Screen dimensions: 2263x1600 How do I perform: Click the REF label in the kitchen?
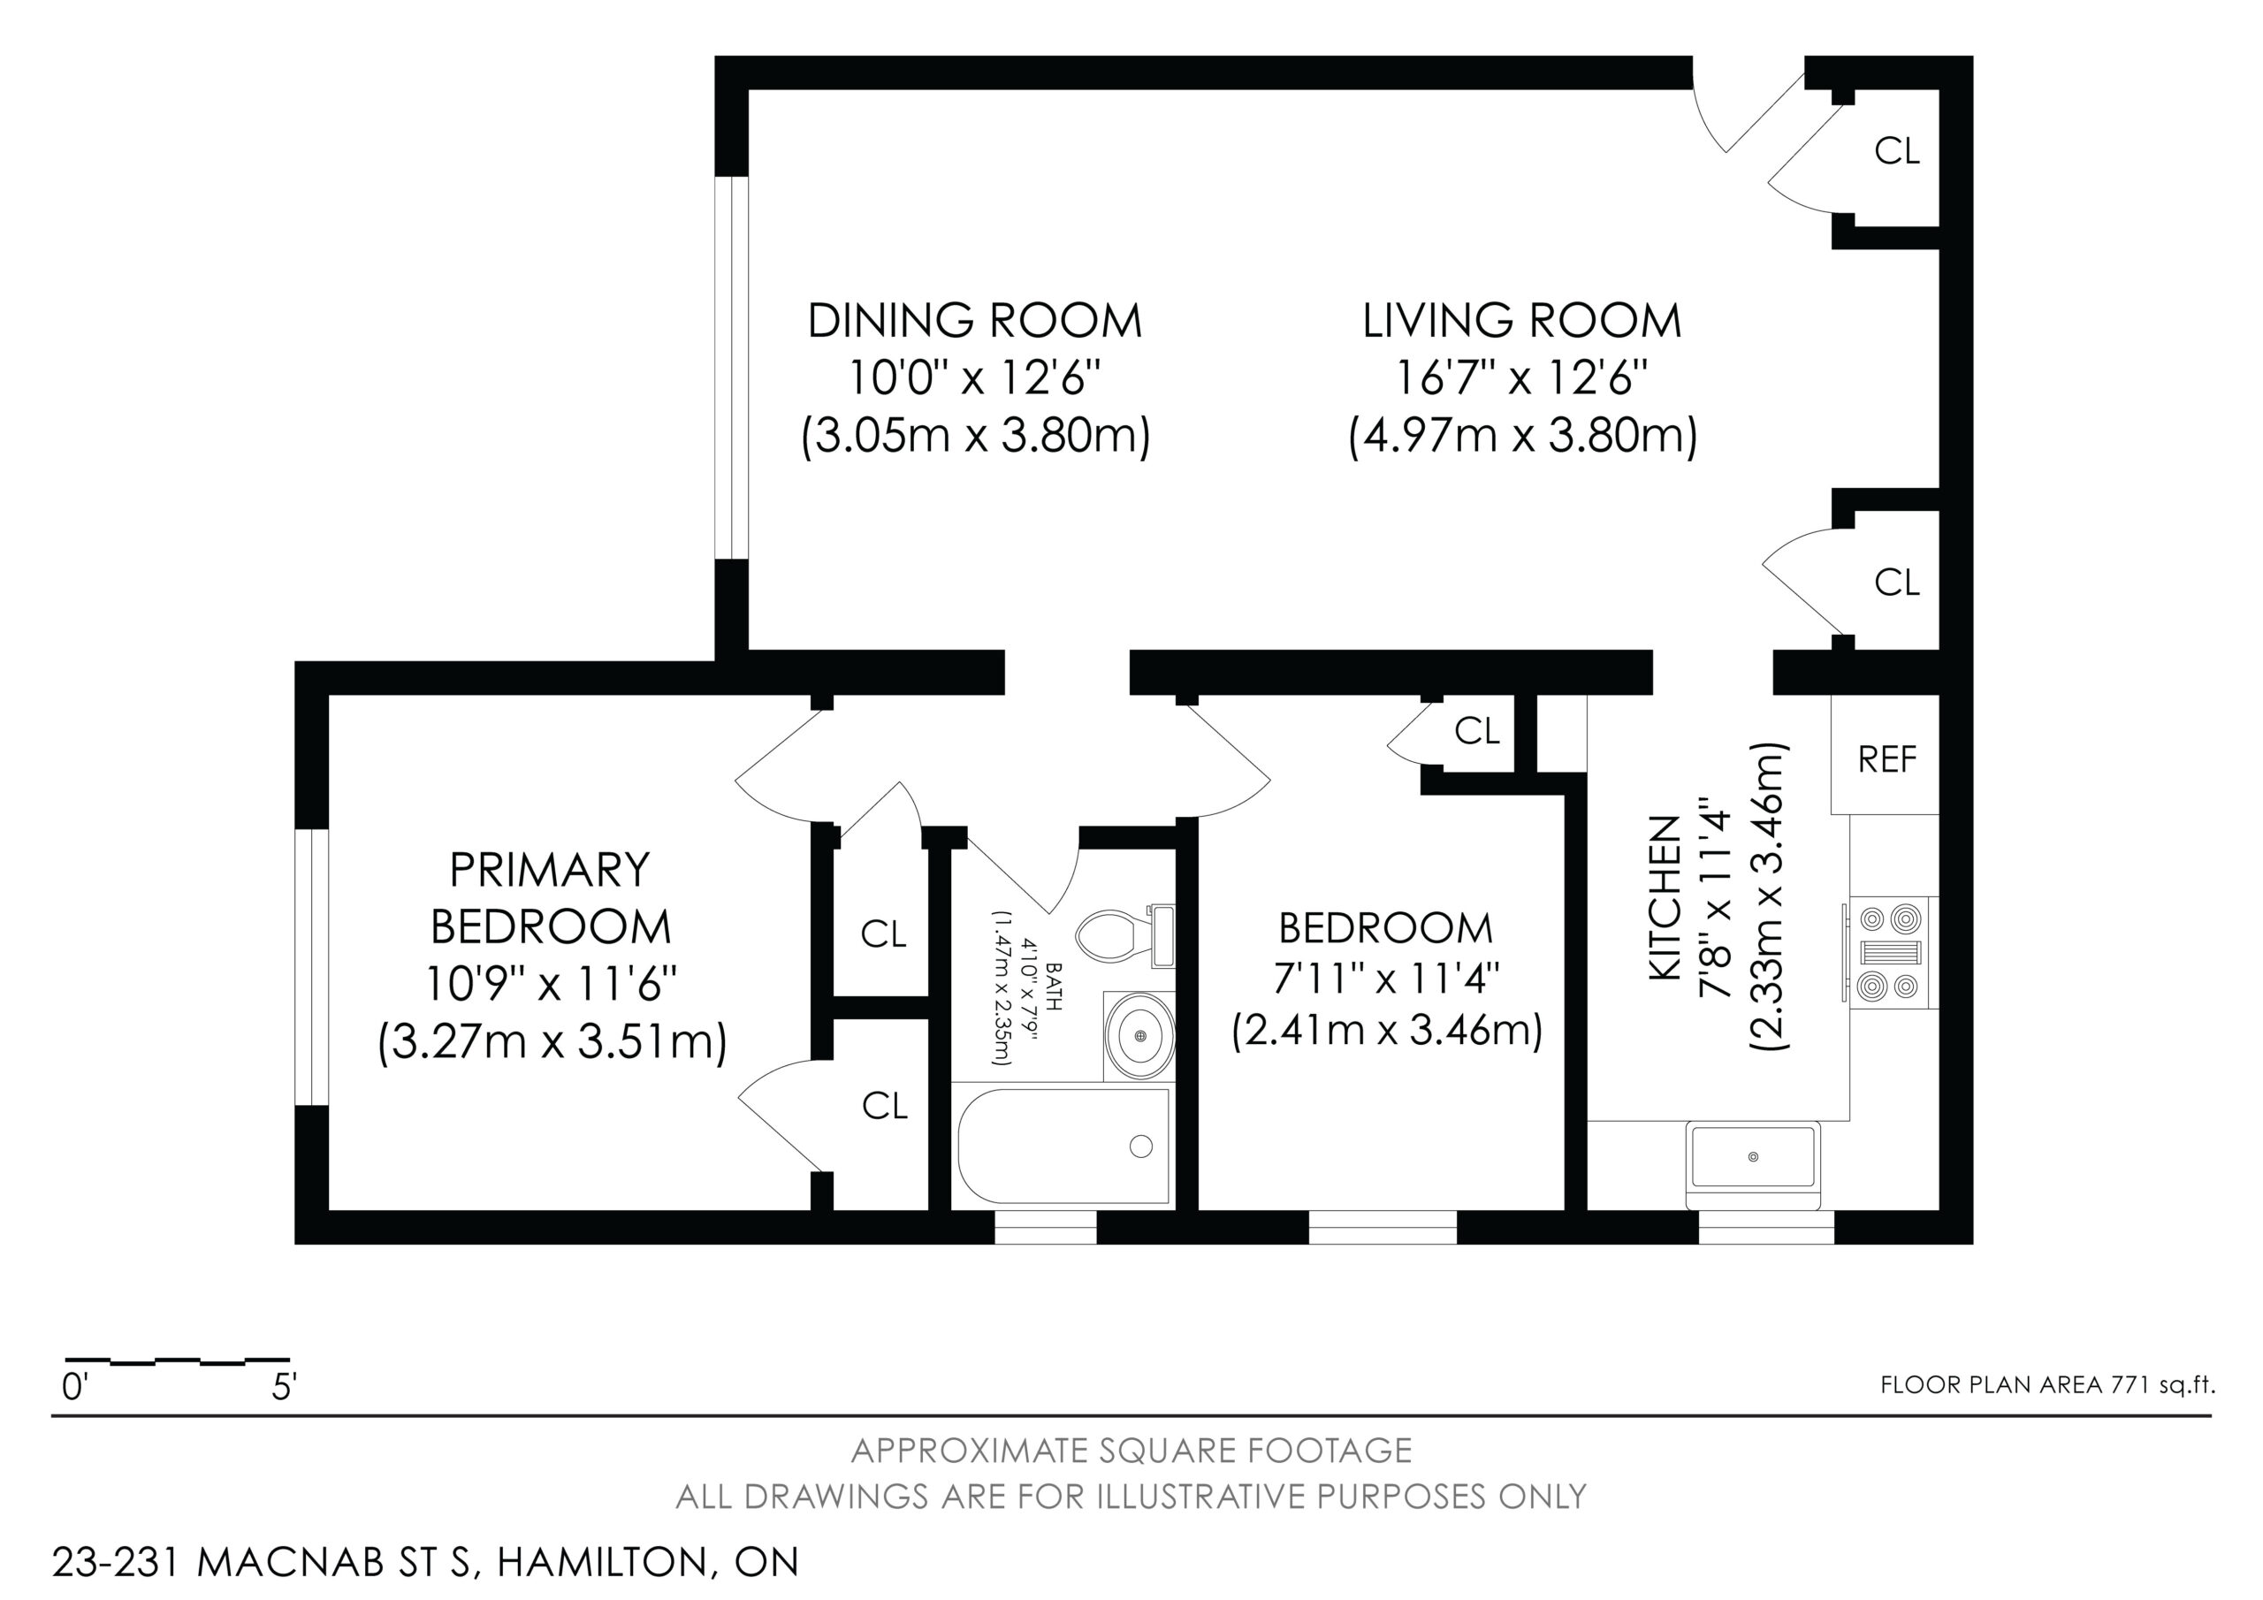click(1886, 759)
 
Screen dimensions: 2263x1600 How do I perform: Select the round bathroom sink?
click(1140, 1036)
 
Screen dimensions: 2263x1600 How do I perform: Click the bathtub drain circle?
click(1141, 1146)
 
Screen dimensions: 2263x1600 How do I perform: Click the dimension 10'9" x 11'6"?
click(551, 983)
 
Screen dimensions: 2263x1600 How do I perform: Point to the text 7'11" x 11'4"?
click(1387, 980)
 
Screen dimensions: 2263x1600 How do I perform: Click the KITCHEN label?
click(1665, 898)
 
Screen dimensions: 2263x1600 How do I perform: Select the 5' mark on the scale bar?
click(284, 1388)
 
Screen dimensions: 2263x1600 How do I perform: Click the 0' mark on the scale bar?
click(75, 1388)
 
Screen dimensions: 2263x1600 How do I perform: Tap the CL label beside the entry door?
click(1896, 151)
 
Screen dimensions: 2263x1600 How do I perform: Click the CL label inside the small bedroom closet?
click(1477, 730)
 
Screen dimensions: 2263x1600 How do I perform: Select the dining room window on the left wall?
click(731, 368)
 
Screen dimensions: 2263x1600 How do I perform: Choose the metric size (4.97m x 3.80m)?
click(1523, 435)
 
